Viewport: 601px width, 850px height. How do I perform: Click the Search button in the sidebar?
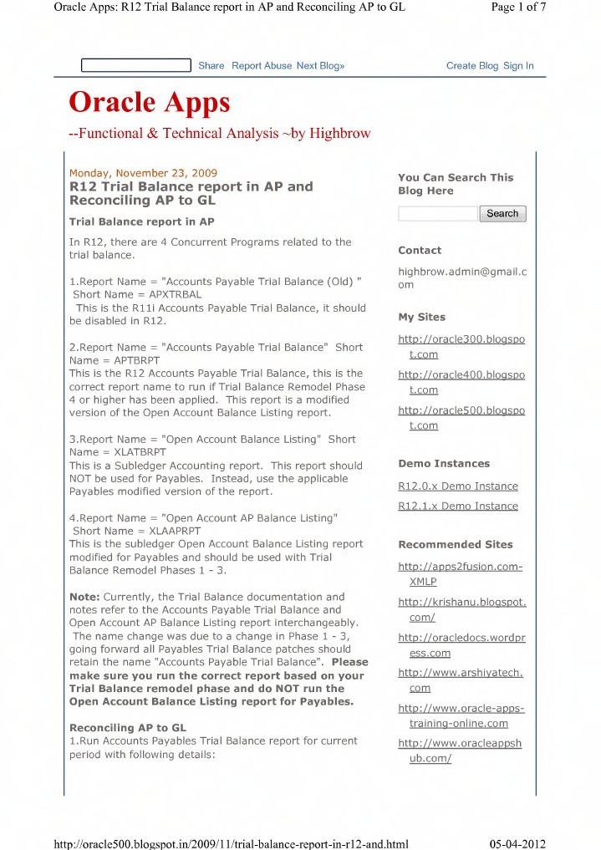tap(502, 213)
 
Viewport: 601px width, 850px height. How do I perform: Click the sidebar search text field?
tap(437, 214)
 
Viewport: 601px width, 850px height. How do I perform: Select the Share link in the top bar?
tap(211, 66)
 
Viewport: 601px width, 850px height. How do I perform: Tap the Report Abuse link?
tap(262, 66)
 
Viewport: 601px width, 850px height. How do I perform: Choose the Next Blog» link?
tap(320, 66)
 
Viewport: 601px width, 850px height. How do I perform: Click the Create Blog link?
tap(471, 66)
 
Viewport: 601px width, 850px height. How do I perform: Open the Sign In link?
tap(518, 66)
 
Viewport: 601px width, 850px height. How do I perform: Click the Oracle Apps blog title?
tap(149, 103)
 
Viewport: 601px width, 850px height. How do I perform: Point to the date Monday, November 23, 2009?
tap(143, 173)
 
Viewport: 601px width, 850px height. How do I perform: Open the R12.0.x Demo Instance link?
tap(458, 486)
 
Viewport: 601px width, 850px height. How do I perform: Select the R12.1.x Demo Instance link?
tap(458, 506)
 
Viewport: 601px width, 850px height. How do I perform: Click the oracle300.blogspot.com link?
tap(461, 347)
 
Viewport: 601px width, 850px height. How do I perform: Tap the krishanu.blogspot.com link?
tap(461, 609)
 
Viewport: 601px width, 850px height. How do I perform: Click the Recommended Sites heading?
tap(456, 545)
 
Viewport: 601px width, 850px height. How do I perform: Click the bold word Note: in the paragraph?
tap(84, 597)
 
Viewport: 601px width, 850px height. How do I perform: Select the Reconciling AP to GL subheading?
tap(128, 728)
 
